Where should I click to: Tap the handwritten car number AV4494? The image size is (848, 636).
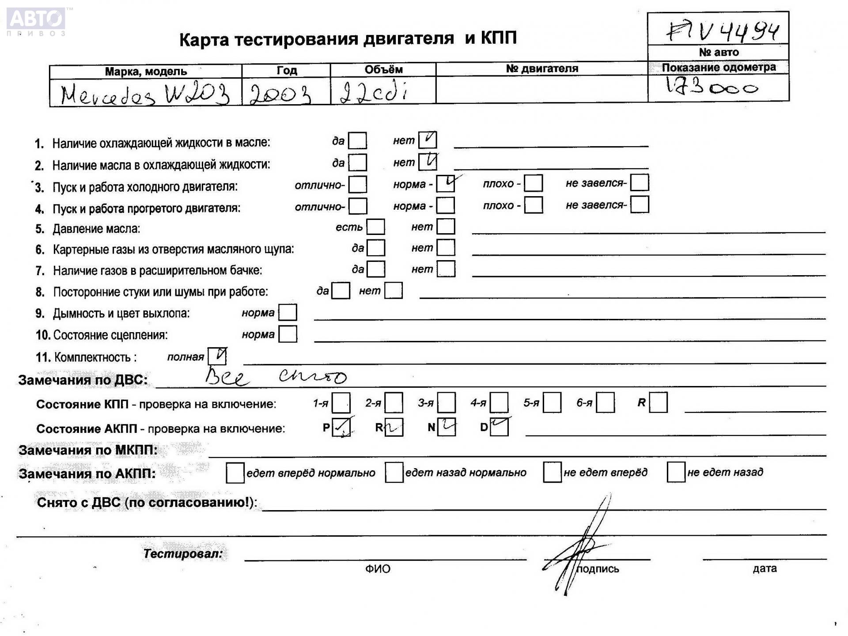pos(722,30)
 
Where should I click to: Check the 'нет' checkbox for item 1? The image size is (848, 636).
pos(428,140)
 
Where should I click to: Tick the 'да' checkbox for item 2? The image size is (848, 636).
pos(357,163)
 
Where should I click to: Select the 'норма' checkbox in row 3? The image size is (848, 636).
pos(445,184)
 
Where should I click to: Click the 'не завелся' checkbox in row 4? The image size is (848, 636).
pos(640,204)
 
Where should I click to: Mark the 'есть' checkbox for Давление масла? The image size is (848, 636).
pos(375,227)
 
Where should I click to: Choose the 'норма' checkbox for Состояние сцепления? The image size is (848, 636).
pos(288,334)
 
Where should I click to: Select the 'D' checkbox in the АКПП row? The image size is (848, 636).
pos(499,427)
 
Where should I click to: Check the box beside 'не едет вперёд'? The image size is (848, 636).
pos(552,472)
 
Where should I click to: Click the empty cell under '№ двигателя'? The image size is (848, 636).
pos(541,89)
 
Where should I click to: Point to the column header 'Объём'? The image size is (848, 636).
pos(383,69)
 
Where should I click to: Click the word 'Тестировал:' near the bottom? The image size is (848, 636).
pos(183,553)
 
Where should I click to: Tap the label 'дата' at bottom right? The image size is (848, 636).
pos(765,568)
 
